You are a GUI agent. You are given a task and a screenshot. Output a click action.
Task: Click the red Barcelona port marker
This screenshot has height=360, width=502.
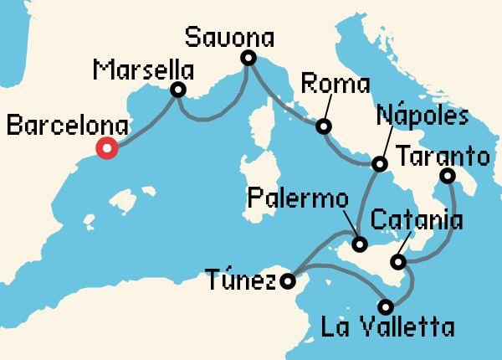pyautogui.click(x=106, y=149)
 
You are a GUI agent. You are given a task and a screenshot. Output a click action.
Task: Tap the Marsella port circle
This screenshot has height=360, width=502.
pyautogui.click(x=177, y=90)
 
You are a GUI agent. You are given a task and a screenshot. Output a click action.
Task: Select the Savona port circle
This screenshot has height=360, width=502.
pyautogui.click(x=248, y=58)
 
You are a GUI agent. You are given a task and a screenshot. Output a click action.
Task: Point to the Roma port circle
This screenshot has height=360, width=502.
pyautogui.click(x=322, y=127)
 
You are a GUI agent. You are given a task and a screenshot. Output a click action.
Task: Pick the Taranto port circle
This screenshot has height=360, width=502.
pyautogui.click(x=448, y=176)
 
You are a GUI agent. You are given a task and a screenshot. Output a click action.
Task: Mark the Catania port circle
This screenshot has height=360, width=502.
pyautogui.click(x=400, y=263)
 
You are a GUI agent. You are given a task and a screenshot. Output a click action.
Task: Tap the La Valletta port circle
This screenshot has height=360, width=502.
pyautogui.click(x=386, y=306)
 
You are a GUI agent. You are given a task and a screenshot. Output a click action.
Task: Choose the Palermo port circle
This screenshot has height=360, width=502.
pyautogui.click(x=360, y=245)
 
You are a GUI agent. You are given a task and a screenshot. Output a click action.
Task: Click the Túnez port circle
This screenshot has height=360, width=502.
pyautogui.click(x=288, y=281)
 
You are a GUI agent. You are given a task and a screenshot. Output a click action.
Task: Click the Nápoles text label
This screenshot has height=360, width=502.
pyautogui.click(x=422, y=116)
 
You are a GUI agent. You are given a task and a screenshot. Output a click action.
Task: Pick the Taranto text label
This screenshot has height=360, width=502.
pyautogui.click(x=442, y=155)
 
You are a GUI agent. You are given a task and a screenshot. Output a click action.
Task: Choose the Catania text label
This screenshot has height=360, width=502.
pyautogui.click(x=416, y=222)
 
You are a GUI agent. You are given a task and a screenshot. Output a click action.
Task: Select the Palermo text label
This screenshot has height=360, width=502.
pyautogui.click(x=297, y=201)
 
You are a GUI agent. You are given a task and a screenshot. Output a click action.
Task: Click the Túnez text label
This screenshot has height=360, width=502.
pyautogui.click(x=239, y=279)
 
